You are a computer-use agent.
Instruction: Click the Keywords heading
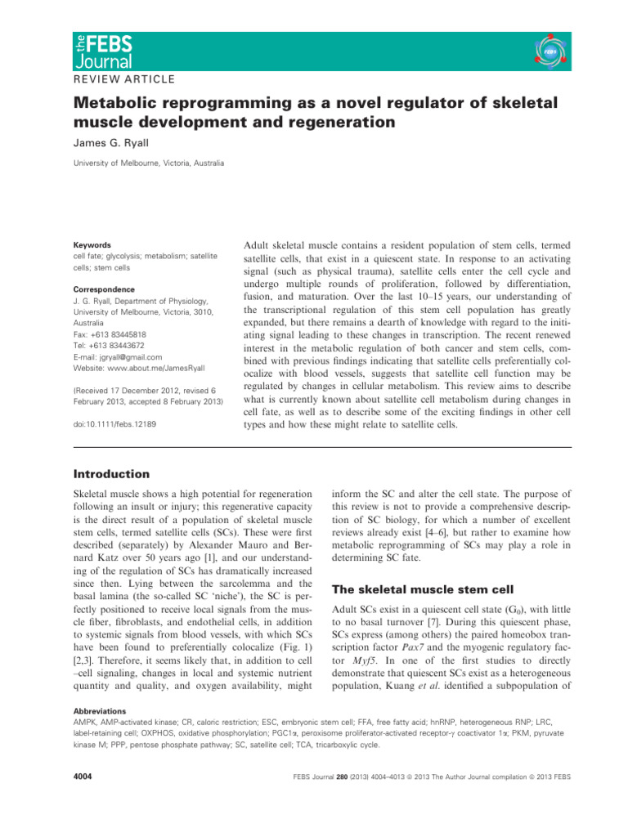tap(92, 244)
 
